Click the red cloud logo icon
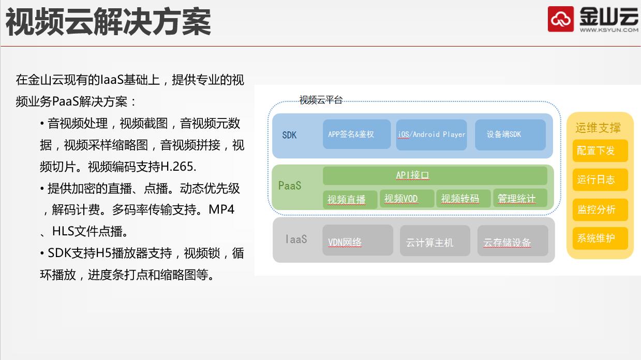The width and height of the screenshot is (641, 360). [561, 19]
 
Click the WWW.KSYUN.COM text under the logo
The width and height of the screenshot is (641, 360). [609, 30]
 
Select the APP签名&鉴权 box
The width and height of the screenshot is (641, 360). [357, 134]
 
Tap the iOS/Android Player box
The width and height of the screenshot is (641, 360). [431, 135]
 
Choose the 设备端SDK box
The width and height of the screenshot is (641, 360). [510, 135]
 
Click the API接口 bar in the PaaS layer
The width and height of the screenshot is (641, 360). [435, 175]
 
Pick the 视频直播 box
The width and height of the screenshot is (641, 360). [350, 200]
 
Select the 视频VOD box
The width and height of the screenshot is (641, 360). [407, 198]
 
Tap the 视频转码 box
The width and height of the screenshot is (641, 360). [464, 198]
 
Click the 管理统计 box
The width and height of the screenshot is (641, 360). [520, 198]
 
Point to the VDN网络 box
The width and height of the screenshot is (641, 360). [357, 240]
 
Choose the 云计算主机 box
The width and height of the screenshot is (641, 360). [435, 241]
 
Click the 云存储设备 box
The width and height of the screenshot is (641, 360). [513, 241]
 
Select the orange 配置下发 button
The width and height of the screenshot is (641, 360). [600, 151]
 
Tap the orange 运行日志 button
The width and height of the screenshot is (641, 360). [600, 179]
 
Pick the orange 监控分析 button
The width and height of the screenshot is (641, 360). [600, 209]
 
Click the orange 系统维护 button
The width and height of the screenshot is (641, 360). [600, 238]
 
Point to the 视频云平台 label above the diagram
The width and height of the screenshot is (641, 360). [321, 100]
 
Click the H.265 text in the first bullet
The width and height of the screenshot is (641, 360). [178, 167]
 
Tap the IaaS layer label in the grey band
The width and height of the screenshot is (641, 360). [296, 239]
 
